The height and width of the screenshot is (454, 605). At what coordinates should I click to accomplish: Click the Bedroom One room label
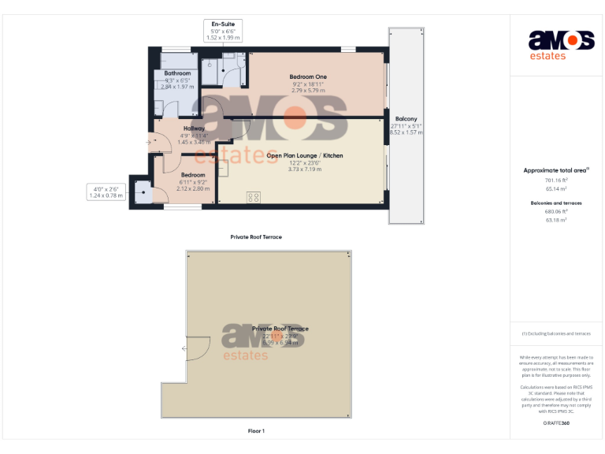[308, 76]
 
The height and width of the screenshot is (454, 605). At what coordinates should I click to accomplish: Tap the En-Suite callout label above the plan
[223, 24]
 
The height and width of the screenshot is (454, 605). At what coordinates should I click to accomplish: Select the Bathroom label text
[177, 73]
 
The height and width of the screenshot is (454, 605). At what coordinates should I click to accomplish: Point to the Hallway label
[194, 128]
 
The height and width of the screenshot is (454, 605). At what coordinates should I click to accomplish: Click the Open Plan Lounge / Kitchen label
[304, 156]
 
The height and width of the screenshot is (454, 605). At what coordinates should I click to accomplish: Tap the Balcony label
[406, 119]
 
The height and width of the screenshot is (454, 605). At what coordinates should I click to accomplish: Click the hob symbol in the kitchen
[254, 197]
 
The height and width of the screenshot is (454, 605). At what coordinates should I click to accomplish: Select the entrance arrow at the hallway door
[149, 142]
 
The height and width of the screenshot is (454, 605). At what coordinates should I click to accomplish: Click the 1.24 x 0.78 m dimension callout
[106, 195]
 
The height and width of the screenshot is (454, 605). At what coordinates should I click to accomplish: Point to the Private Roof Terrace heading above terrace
[256, 236]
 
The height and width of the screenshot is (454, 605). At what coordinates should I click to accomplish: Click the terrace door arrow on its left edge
[184, 348]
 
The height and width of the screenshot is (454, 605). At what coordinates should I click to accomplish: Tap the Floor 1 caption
[256, 431]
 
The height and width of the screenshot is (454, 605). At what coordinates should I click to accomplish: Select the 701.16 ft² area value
[556, 180]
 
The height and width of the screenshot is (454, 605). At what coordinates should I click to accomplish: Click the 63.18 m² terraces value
[556, 220]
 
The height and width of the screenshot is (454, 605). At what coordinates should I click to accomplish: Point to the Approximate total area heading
[556, 170]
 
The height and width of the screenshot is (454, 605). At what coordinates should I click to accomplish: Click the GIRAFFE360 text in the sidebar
[556, 423]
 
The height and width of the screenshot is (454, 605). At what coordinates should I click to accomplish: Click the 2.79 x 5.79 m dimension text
[308, 90]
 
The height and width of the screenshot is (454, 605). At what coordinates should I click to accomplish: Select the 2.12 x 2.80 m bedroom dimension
[193, 188]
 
